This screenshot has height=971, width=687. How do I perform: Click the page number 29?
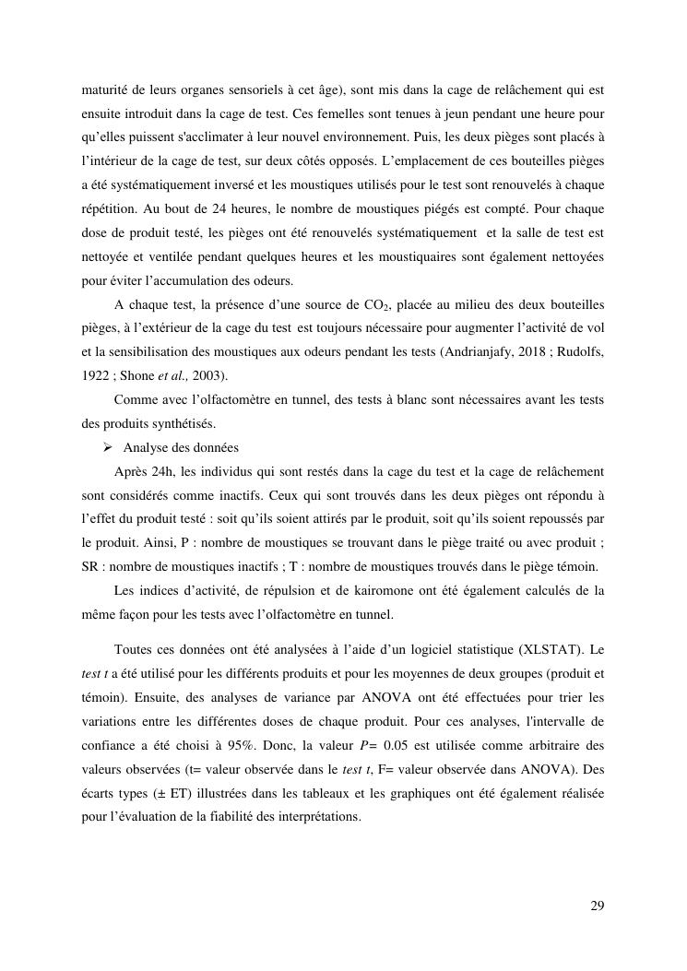[x=598, y=906]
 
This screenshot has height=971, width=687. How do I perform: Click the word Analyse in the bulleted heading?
[x=146, y=448]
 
